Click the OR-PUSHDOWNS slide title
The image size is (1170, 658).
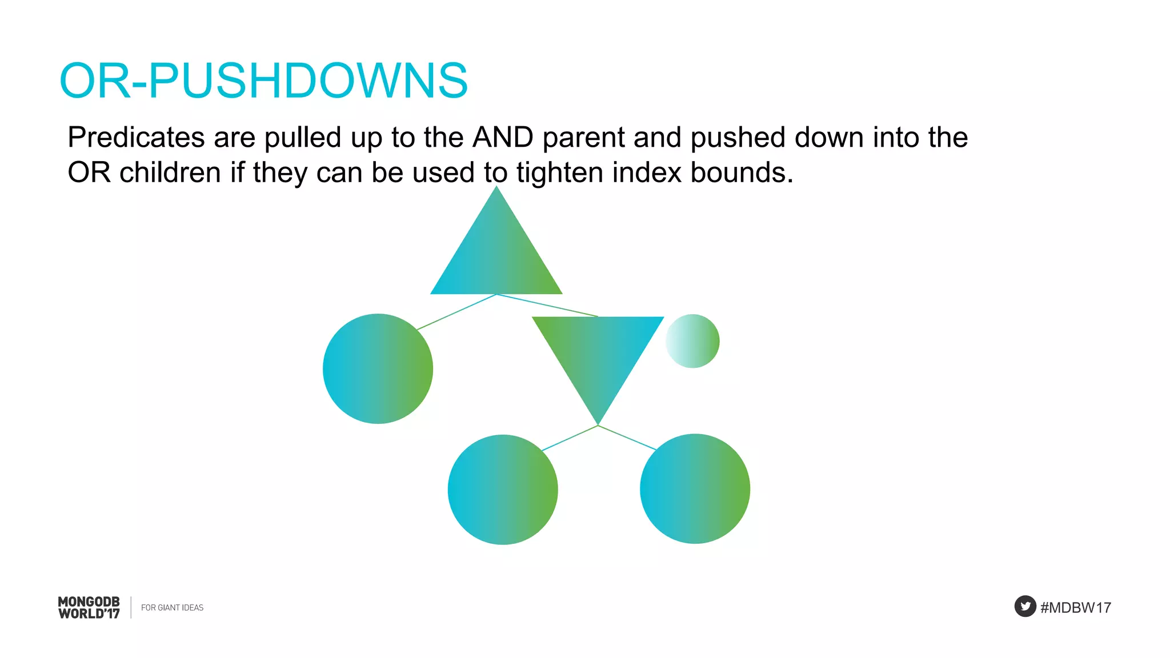click(x=263, y=81)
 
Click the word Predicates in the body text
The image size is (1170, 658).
click(x=136, y=138)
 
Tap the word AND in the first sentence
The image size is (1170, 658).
click(x=503, y=138)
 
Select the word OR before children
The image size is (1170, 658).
click(x=89, y=172)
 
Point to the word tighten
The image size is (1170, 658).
click(x=559, y=172)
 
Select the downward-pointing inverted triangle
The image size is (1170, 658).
click(x=598, y=354)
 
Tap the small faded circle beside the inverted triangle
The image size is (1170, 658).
click(x=692, y=341)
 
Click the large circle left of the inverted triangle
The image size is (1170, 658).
click(x=378, y=368)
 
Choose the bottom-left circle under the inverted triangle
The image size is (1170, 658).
click(x=503, y=490)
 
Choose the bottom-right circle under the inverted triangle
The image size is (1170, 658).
click(x=695, y=488)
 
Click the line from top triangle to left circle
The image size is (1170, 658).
click(x=457, y=312)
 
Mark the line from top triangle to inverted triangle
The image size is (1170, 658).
click(x=547, y=306)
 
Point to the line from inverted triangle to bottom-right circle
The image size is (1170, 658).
click(x=627, y=438)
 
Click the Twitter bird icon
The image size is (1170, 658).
click(x=1025, y=606)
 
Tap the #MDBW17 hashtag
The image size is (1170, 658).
click(x=1076, y=608)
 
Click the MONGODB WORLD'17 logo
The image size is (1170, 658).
click(x=89, y=608)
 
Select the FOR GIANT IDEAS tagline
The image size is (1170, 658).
click(x=172, y=608)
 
